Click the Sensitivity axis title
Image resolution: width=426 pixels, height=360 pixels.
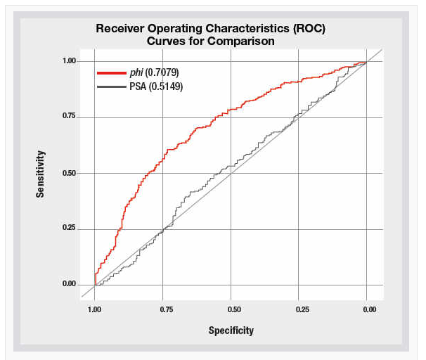click(41, 173)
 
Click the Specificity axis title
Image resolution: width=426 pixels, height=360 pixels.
click(231, 330)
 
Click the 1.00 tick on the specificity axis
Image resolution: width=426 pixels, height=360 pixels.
click(94, 309)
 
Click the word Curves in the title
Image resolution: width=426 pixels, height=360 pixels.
click(167, 41)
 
